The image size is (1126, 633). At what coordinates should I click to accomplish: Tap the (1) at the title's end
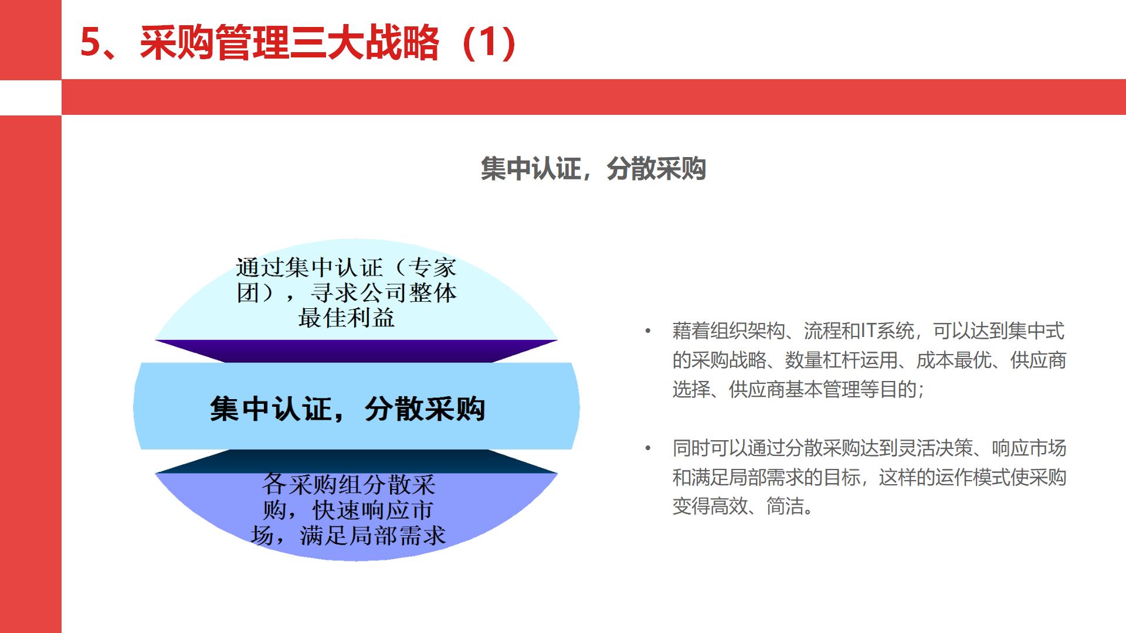pos(489,43)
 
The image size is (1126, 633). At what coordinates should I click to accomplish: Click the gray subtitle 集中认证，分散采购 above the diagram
pos(593,169)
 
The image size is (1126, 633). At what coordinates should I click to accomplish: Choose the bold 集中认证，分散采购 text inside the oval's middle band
pos(347,409)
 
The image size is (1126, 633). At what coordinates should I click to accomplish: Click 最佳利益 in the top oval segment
pos(346,318)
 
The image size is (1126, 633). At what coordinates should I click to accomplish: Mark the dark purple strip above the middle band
pos(355,350)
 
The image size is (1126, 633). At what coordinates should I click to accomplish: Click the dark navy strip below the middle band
pos(355,461)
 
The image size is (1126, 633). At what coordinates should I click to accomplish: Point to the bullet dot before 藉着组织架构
pos(648,332)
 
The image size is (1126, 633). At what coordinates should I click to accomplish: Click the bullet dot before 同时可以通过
pos(648,449)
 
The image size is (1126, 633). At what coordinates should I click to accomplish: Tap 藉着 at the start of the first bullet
pos(691,332)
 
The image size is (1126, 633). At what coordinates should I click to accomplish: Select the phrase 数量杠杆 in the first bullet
pos(822,360)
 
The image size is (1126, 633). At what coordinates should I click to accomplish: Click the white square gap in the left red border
pos(30,97)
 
